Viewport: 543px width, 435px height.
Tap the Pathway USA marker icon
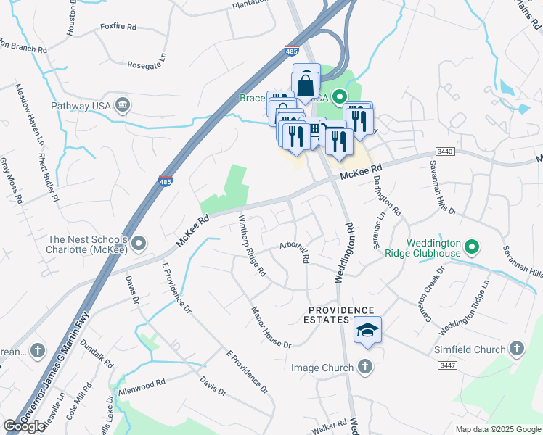pyautogui.click(x=123, y=105)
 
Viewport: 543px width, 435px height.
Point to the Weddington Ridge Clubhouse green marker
pyautogui.click(x=472, y=249)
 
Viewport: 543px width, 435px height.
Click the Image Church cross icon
pyautogui.click(x=364, y=368)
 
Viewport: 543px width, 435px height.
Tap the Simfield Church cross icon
pyautogui.click(x=516, y=349)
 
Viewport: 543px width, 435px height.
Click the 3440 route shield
pyautogui.click(x=446, y=151)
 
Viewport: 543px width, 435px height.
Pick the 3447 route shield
pyautogui.click(x=448, y=367)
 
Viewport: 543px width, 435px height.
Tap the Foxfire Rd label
pyautogui.click(x=118, y=28)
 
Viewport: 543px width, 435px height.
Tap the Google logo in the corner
pyautogui.click(x=24, y=426)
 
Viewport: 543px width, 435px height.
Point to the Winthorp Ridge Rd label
pyautogui.click(x=253, y=245)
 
